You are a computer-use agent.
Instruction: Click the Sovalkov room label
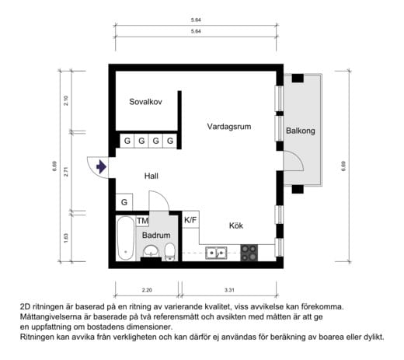(145, 102)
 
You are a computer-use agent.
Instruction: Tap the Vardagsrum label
(228, 126)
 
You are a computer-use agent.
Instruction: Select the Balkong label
(301, 131)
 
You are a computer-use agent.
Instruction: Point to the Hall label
(151, 177)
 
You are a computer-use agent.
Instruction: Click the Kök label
(236, 225)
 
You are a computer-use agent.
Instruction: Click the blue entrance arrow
(100, 166)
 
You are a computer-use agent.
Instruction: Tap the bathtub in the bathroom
(125, 239)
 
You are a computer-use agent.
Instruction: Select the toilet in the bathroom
(169, 251)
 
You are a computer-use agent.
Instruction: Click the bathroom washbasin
(151, 252)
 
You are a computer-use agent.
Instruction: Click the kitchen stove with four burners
(249, 252)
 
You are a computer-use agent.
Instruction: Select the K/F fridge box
(190, 220)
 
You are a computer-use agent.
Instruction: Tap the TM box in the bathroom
(142, 221)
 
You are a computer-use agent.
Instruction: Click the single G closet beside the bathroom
(124, 203)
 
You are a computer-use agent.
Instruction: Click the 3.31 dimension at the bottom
(228, 290)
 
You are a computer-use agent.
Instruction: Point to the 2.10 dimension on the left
(67, 100)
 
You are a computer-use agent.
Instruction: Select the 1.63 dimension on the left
(67, 238)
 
